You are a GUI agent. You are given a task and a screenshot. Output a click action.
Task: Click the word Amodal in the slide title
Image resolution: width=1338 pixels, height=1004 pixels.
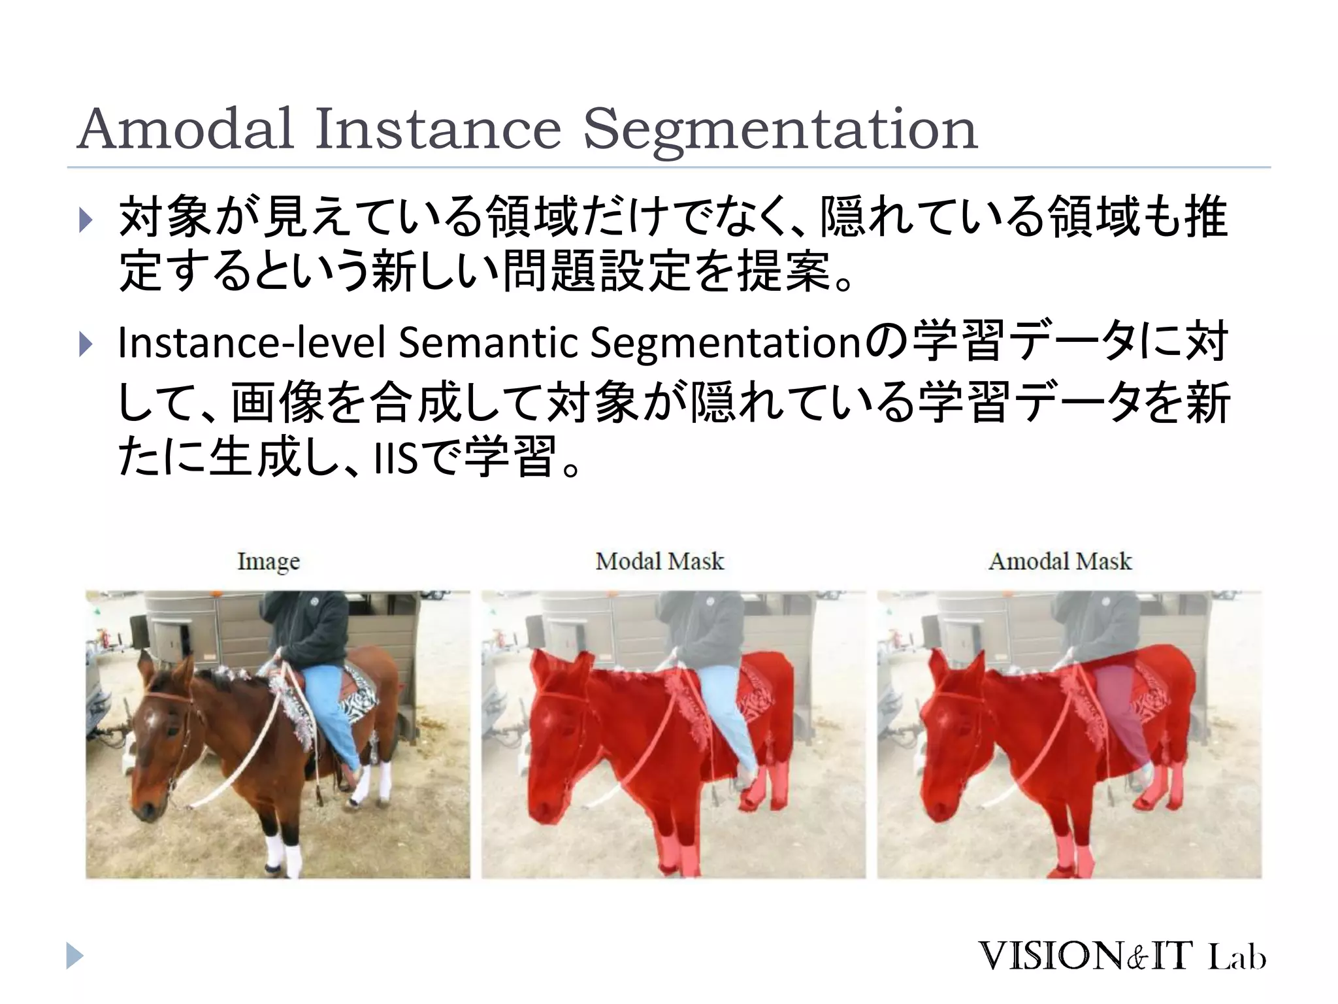(x=185, y=129)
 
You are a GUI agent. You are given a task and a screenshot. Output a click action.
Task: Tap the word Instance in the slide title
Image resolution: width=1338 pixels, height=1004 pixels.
(x=438, y=129)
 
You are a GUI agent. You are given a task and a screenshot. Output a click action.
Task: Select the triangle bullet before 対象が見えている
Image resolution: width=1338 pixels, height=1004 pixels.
(x=86, y=220)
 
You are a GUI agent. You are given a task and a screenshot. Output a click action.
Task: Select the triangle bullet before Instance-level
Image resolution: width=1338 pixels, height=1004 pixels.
(x=86, y=344)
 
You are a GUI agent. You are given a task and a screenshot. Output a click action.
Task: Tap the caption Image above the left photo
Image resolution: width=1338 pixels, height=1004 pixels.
(x=269, y=561)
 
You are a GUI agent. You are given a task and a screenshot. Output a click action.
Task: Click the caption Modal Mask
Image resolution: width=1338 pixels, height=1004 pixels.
(x=659, y=561)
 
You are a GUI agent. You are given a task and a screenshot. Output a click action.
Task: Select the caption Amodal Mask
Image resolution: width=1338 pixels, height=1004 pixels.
(x=1060, y=561)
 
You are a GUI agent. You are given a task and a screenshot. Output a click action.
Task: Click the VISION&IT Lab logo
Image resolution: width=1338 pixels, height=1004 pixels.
(x=1121, y=956)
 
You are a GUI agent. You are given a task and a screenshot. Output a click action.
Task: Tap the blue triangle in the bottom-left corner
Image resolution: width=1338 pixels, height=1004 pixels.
(x=75, y=956)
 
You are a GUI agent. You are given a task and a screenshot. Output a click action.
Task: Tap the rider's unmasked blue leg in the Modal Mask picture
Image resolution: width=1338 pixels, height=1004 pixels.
(x=725, y=706)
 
